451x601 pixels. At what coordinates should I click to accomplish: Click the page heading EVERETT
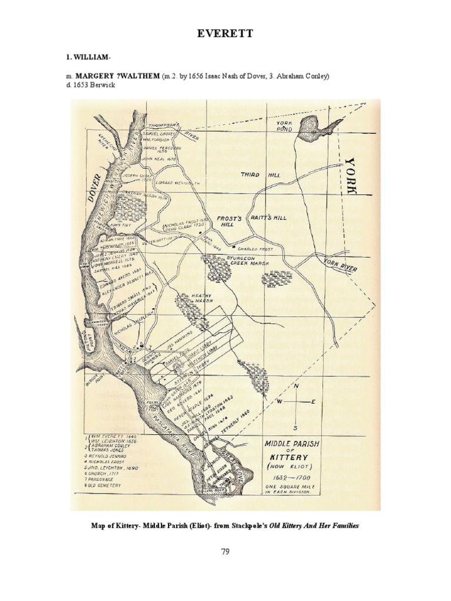click(225, 34)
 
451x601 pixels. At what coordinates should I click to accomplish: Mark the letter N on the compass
click(296, 386)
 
